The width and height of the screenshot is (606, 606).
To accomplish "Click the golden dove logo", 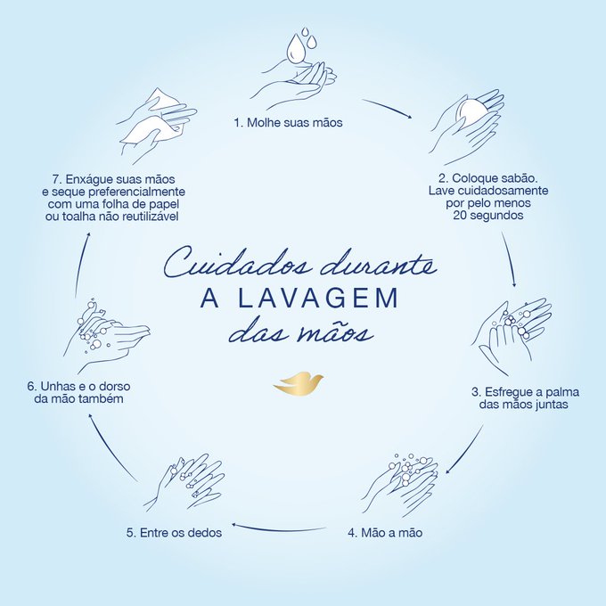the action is (299, 384).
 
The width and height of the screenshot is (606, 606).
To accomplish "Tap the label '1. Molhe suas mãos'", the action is (289, 122).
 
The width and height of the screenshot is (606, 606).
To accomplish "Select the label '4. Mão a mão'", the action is (385, 533).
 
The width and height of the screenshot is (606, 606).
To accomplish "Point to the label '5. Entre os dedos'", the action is (175, 533).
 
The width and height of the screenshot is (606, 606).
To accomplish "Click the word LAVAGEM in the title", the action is (318, 298).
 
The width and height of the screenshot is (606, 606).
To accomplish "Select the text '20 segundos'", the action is (488, 216).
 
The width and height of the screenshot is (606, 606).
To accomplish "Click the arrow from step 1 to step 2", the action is (388, 107).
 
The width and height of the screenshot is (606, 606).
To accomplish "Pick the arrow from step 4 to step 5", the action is (278, 528).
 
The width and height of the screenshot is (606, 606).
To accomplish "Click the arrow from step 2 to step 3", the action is (510, 259).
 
